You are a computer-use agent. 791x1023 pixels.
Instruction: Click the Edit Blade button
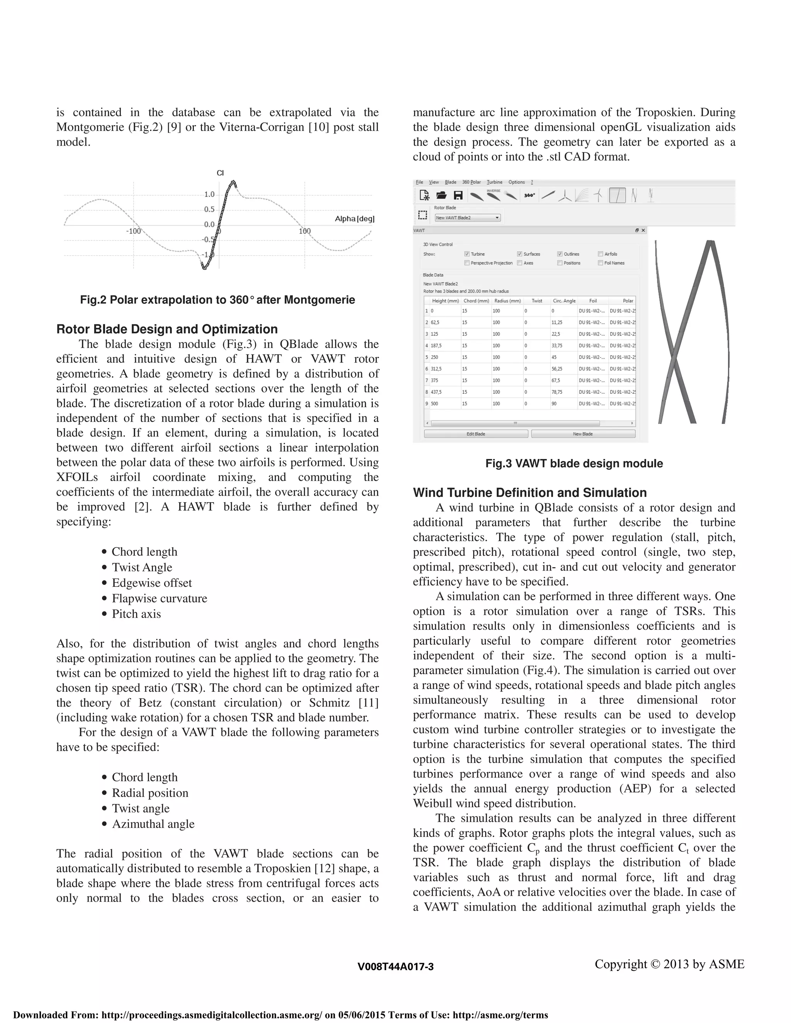pos(475,434)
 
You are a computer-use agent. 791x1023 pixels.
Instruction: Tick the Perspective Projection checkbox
pos(467,263)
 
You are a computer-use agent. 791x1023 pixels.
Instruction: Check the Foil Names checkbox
pos(600,263)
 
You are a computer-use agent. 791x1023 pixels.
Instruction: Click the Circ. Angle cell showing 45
pos(554,357)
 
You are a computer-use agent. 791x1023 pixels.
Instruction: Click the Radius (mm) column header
pos(508,301)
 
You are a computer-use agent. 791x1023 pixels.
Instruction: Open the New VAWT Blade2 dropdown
pos(467,218)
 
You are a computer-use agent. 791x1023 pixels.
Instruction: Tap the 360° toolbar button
pos(530,195)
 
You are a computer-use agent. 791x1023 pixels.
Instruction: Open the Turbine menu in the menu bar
pos(494,182)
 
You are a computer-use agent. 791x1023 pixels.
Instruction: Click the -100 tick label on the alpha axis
pos(133,231)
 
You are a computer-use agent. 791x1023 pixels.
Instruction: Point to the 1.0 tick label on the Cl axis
pos(209,195)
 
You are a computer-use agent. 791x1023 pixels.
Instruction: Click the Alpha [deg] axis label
pos(354,219)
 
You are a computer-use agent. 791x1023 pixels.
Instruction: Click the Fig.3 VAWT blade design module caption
pos(574,464)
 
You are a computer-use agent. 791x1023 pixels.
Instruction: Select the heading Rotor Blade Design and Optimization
pos(167,329)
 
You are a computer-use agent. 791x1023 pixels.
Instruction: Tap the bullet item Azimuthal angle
pos(153,824)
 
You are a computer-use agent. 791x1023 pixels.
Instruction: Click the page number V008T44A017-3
pos(395,967)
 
